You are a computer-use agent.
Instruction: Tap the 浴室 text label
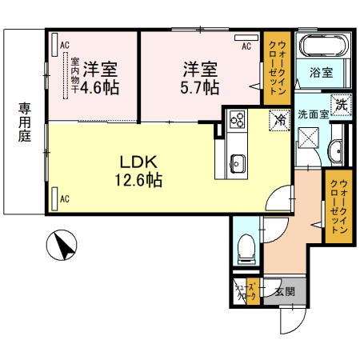click(322, 72)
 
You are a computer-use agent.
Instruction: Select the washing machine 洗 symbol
click(341, 102)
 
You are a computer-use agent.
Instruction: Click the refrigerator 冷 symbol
click(280, 119)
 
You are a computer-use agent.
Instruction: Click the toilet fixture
click(246, 246)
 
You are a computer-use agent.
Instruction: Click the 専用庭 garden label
click(22, 123)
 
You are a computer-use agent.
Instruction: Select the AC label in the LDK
click(64, 198)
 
